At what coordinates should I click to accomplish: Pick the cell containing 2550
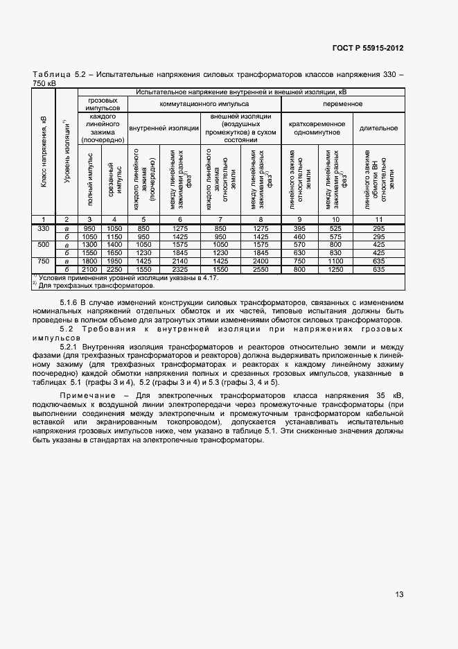point(261,269)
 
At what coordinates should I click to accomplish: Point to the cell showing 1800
point(89,261)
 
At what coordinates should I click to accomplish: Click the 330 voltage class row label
point(43,228)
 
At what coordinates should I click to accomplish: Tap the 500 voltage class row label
point(43,245)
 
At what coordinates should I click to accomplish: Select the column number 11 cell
point(378,219)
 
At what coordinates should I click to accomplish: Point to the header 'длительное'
point(378,128)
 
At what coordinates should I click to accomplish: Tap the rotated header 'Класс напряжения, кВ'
point(43,150)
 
